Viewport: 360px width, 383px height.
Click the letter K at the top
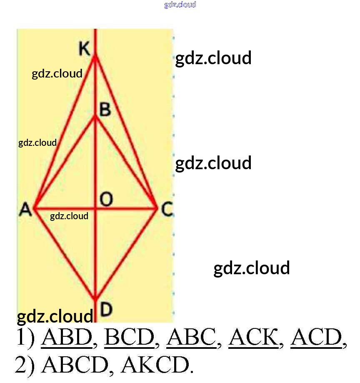pyautogui.click(x=84, y=49)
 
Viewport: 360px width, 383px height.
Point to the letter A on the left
pyautogui.click(x=25, y=209)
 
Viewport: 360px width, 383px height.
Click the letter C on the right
pyautogui.click(x=167, y=209)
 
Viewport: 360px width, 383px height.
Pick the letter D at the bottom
pyautogui.click(x=106, y=309)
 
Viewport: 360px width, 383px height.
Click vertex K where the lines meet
pyautogui.click(x=95, y=56)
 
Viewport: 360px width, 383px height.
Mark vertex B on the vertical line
pyautogui.click(x=95, y=117)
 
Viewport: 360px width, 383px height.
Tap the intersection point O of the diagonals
pyautogui.click(x=95, y=208)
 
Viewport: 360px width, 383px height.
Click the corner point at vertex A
pyautogui.click(x=35, y=208)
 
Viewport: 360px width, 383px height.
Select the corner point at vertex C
pyautogui.click(x=157, y=208)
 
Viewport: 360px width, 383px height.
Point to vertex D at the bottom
pyautogui.click(x=95, y=298)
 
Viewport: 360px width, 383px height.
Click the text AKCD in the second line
pyautogui.click(x=155, y=365)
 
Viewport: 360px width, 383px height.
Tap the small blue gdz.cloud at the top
pyautogui.click(x=180, y=5)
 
